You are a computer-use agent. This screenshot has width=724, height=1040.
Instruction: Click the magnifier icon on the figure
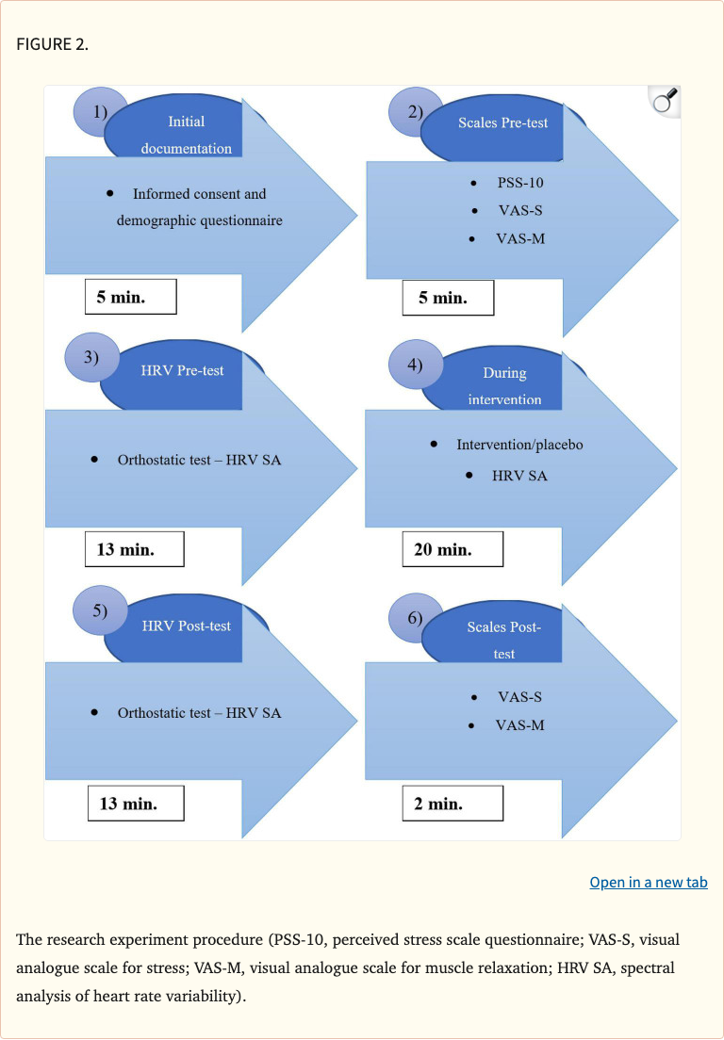(666, 100)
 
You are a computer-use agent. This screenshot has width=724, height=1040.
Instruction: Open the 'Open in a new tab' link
(649, 883)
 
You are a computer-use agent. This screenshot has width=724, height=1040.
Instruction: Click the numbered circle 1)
(100, 111)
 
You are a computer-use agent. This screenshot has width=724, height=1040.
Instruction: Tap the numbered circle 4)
(416, 366)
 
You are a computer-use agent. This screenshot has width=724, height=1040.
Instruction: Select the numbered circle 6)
(416, 619)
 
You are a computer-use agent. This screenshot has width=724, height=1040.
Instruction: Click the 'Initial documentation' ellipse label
(186, 135)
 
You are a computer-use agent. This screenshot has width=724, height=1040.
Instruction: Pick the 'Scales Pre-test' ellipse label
(502, 122)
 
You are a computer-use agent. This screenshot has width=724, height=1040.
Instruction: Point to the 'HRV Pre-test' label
(182, 370)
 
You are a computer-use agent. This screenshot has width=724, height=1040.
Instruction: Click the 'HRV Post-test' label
(186, 626)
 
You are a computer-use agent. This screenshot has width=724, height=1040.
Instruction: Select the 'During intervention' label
(504, 386)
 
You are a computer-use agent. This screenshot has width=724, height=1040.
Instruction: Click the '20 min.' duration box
(452, 549)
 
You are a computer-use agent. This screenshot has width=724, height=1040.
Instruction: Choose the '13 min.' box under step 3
(134, 549)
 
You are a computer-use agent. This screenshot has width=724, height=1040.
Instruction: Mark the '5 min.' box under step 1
(130, 298)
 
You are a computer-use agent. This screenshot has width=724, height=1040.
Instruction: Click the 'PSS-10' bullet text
(520, 183)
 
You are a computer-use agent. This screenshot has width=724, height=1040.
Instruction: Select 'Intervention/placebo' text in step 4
(519, 444)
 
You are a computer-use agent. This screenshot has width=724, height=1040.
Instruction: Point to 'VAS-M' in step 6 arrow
(519, 725)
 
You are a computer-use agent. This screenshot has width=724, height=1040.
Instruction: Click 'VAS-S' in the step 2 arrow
(519, 211)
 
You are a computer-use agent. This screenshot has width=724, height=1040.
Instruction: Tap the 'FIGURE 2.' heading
(53, 44)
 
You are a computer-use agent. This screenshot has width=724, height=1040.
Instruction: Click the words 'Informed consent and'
(199, 194)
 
